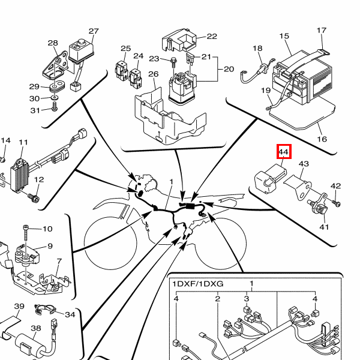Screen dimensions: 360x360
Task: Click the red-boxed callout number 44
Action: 284,153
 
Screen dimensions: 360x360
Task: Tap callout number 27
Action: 93,31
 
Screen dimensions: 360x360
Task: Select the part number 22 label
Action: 212,36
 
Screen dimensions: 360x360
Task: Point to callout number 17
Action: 322,31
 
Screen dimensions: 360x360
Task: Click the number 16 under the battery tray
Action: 322,139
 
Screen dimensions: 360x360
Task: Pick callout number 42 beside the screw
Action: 336,187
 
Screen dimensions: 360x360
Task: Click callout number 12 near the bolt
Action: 39,179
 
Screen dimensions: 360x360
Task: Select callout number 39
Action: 19,307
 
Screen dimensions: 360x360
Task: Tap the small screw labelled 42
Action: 337,203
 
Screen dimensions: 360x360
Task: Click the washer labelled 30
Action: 55,98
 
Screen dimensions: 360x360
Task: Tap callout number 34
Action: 70,314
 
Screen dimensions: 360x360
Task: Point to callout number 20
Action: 229,69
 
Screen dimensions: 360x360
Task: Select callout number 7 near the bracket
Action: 59,261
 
